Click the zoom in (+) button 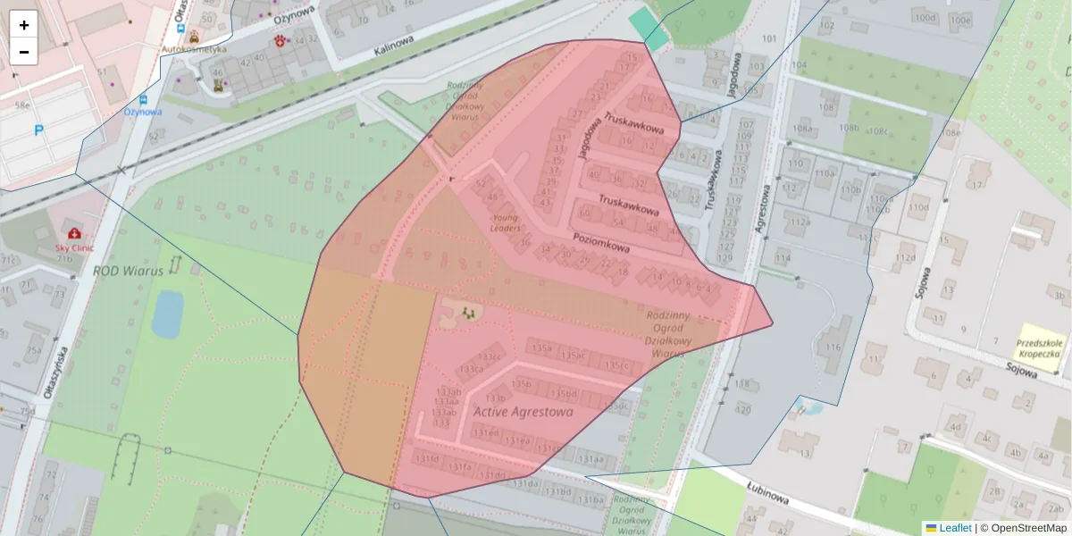click(24, 25)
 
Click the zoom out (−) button click(24, 52)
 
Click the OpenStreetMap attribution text click(1028, 528)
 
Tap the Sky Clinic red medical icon click(74, 233)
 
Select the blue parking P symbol click(38, 130)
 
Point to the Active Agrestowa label click(523, 412)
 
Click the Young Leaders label click(505, 222)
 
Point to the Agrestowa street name click(765, 208)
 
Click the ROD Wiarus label click(128, 270)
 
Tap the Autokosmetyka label click(193, 50)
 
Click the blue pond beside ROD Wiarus click(167, 314)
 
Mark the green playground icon click(466, 313)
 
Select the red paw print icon click(281, 40)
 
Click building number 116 click(833, 347)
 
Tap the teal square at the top click(649, 28)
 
